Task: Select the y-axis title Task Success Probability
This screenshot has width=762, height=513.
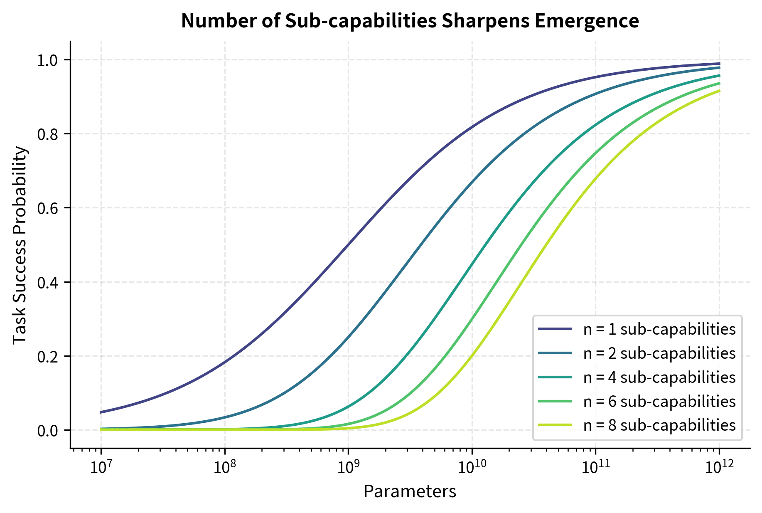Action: click(x=20, y=245)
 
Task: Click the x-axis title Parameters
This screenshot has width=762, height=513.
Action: click(x=410, y=491)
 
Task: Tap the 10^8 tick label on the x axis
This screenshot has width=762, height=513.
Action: click(x=224, y=468)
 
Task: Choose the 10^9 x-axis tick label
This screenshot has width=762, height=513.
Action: click(x=348, y=468)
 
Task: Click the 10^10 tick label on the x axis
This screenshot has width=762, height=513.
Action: click(x=472, y=468)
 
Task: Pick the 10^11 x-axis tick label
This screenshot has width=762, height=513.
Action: click(x=595, y=468)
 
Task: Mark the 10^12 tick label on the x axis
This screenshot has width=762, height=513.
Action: click(x=719, y=468)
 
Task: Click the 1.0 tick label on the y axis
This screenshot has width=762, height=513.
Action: click(x=48, y=60)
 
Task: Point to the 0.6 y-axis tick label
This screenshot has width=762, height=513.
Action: click(x=48, y=208)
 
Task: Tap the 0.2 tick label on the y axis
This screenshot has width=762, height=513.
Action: click(x=48, y=356)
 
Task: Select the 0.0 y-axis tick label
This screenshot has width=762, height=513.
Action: click(x=48, y=430)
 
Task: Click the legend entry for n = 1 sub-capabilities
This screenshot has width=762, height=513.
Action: click(x=659, y=329)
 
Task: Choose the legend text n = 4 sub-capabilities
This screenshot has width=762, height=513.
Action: click(x=659, y=377)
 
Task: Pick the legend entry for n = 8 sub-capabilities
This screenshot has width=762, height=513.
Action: click(x=659, y=425)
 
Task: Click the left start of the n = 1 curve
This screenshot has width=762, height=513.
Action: click(x=101, y=412)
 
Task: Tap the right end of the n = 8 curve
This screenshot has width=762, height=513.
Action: click(x=719, y=91)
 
